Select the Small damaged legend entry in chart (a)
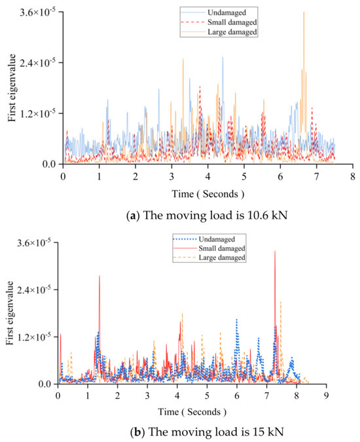point(226,22)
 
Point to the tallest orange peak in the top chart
point(304,12)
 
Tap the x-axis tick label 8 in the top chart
point(352,177)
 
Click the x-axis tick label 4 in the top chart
point(207,177)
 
